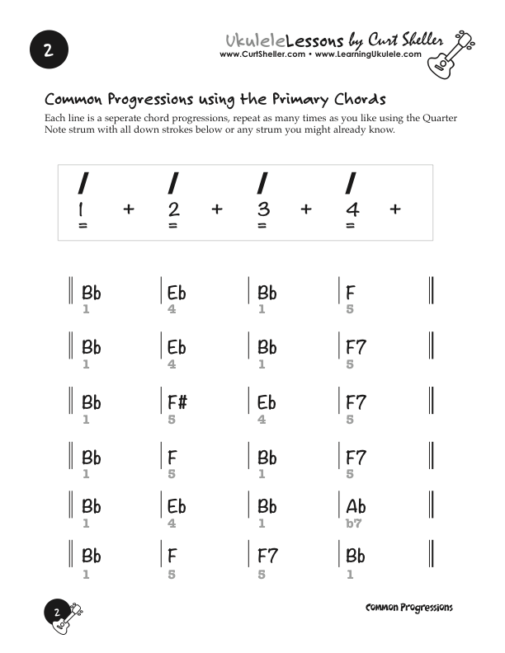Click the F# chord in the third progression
point(177,403)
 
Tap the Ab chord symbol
point(356,506)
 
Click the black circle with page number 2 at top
point(48,49)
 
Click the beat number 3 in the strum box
point(262,209)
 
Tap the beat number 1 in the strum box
point(82,209)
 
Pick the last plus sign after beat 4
point(395,209)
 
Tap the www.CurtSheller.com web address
point(262,54)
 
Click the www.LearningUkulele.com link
point(368,54)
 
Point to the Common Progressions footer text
point(408,608)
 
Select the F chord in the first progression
point(351,293)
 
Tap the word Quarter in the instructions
point(432,119)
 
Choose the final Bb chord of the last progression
point(356,556)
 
